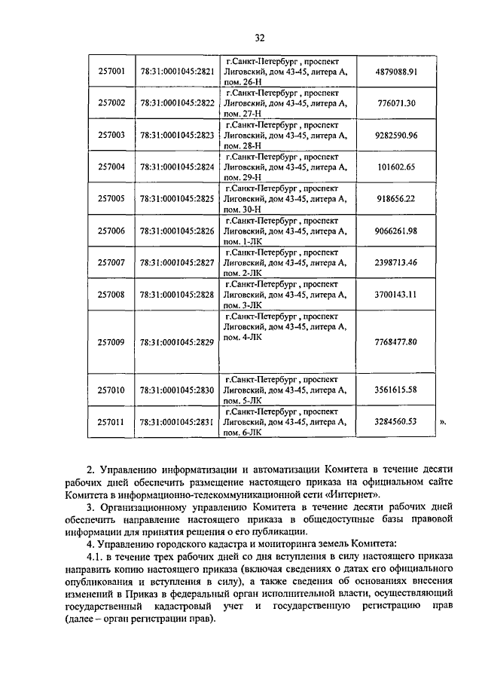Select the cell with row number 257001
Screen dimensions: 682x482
pyautogui.click(x=111, y=72)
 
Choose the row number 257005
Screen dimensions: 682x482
pyautogui.click(x=111, y=199)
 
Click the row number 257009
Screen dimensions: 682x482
pyautogui.click(x=111, y=342)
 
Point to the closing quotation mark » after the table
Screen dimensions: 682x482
pyautogui.click(x=443, y=423)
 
